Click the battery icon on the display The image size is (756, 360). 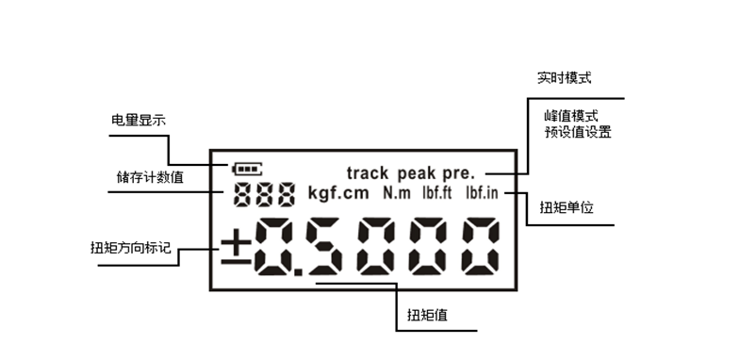pos(248,171)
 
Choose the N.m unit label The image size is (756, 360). pos(397,194)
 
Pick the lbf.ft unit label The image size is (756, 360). pos(436,194)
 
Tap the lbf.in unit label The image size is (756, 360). pos(484,194)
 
